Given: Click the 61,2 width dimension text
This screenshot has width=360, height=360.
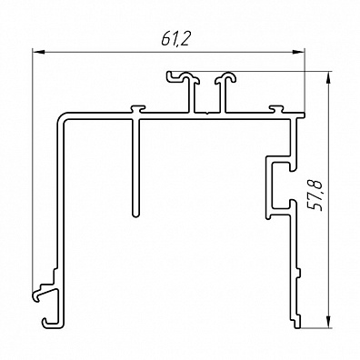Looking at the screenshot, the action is click(x=175, y=39).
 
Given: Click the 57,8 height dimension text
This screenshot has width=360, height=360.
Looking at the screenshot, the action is click(x=314, y=195).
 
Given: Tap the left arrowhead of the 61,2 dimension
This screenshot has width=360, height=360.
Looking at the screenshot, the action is click(x=39, y=52).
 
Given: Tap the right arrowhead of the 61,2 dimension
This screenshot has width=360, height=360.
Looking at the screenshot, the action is click(x=298, y=52).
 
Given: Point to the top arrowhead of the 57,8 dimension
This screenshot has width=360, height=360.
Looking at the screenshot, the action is click(x=328, y=77).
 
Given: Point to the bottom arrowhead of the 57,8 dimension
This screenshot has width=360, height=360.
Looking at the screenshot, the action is click(x=328, y=322).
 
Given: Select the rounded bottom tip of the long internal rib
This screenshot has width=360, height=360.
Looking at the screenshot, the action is click(x=136, y=215).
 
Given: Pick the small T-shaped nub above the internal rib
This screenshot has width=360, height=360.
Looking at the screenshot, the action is click(x=138, y=108).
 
